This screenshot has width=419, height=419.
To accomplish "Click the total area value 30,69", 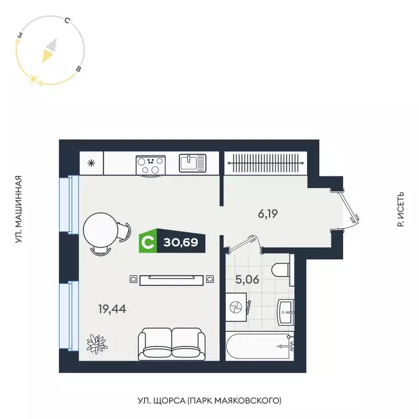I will click(182, 241).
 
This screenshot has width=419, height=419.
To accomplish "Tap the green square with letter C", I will click(147, 241).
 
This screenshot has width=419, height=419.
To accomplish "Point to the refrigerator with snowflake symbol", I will click(91, 163).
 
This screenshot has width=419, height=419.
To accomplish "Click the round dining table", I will click(100, 232).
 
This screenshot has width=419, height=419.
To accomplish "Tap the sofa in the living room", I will click(172, 343).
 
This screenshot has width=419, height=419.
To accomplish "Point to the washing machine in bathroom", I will click(237, 308).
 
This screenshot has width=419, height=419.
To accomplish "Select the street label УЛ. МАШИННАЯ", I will click(19, 209).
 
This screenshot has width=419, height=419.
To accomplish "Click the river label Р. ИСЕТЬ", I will click(401, 209).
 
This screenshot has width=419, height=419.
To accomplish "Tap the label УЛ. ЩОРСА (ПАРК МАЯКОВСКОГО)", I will click(209, 401).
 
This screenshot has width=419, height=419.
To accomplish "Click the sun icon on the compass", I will click(33, 80).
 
